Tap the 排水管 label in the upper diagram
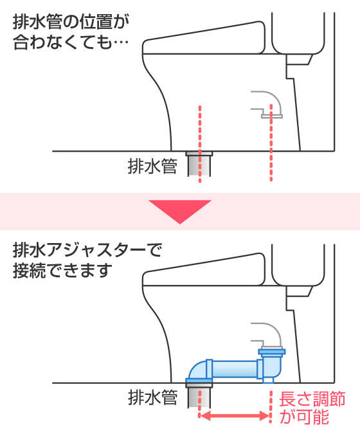[x=152, y=167]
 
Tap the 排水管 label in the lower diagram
[x=152, y=397]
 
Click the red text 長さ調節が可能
[x=312, y=408]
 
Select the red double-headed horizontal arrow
[x=235, y=416]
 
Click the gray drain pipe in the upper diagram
[x=199, y=164]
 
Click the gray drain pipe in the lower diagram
[x=199, y=395]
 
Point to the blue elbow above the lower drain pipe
[x=198, y=370]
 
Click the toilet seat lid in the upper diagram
[x=204, y=39]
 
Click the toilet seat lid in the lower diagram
[x=204, y=270]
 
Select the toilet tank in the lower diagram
[x=298, y=265]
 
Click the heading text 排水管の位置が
[x=71, y=22]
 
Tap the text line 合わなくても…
[x=71, y=42]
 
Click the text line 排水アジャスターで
[x=87, y=250]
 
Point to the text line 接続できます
[x=62, y=271]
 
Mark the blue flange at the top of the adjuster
[x=272, y=352]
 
